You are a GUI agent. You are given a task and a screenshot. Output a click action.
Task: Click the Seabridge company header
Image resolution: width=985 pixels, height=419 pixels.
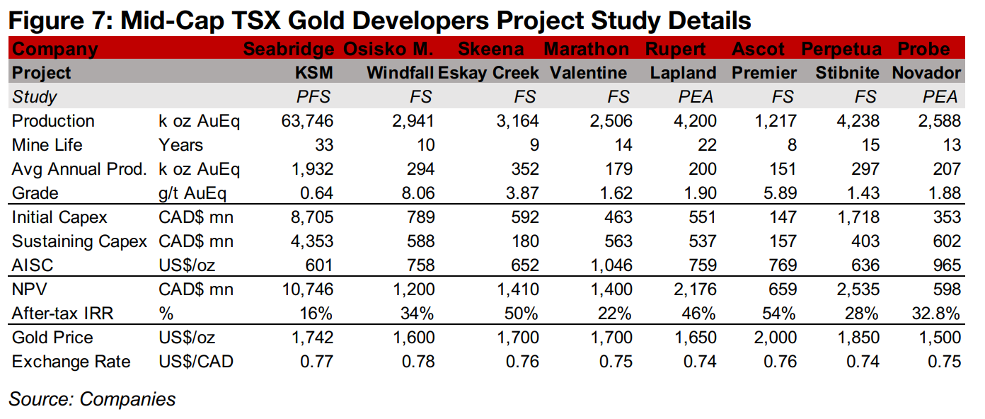[x=288, y=50]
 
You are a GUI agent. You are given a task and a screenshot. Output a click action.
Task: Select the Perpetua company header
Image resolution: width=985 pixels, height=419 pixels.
[x=841, y=50]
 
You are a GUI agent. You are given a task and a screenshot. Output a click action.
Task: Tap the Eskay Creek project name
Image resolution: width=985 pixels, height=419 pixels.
[x=488, y=73]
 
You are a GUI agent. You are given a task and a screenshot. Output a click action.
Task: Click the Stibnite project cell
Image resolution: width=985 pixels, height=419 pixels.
[x=848, y=73]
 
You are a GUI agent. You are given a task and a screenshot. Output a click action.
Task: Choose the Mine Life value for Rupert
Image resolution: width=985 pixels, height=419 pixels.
[x=706, y=145]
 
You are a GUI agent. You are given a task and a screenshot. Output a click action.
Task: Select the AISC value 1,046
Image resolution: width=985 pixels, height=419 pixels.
[x=611, y=265]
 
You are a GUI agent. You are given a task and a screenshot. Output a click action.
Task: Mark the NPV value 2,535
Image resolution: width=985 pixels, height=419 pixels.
[x=859, y=289]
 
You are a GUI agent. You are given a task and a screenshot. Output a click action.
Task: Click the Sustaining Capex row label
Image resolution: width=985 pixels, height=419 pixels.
[x=79, y=241]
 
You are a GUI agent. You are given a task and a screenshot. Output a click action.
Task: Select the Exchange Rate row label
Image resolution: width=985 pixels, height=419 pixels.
[x=71, y=362]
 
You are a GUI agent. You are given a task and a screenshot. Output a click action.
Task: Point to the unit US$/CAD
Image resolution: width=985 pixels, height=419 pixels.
[x=196, y=362]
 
